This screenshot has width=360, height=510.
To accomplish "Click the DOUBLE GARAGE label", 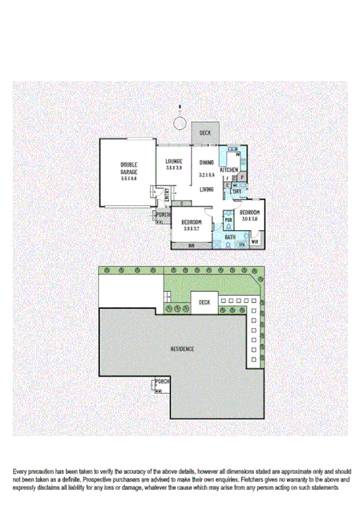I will [129, 168].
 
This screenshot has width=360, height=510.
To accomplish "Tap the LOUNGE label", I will [174, 162].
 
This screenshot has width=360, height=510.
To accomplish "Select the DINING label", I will [207, 162].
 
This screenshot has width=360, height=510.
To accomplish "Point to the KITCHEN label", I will [229, 170].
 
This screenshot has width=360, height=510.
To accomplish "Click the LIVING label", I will [207, 189].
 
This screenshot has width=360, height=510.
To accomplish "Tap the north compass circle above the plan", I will [181, 123].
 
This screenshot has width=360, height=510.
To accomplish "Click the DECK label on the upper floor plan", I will [205, 132].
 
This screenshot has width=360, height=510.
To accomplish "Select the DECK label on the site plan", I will [205, 302].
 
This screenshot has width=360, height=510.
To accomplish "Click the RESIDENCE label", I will [182, 350].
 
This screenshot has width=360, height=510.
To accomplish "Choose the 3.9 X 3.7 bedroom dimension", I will [191, 229].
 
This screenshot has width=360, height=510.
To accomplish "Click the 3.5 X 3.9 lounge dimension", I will [174, 168].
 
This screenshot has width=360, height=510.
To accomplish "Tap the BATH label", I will [230, 237].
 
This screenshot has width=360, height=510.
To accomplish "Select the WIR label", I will [255, 241].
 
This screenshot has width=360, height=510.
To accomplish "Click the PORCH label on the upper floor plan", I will [163, 215].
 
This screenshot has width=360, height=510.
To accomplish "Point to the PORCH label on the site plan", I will [162, 381].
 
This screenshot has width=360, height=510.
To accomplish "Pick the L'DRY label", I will [237, 192].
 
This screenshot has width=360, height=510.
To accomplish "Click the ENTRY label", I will [166, 195].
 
